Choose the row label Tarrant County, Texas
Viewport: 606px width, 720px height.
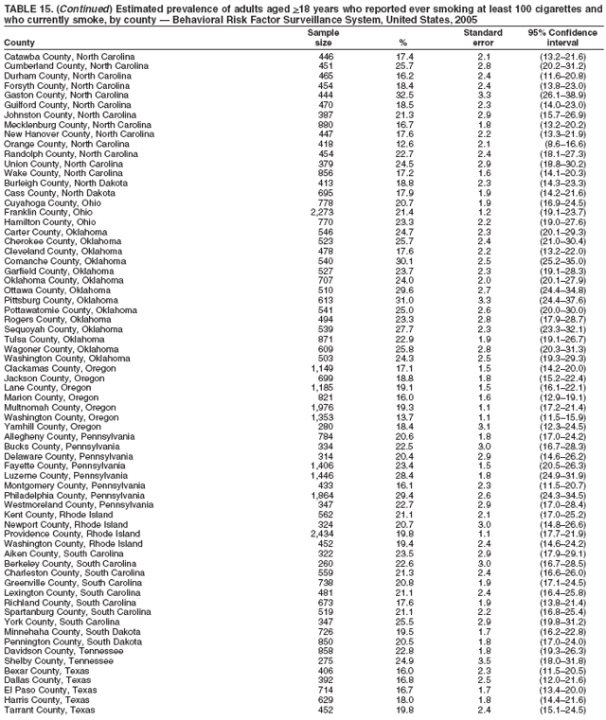49,710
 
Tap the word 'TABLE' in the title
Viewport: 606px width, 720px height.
22,7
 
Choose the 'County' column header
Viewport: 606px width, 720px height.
20,43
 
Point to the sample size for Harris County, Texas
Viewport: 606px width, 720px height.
326,698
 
